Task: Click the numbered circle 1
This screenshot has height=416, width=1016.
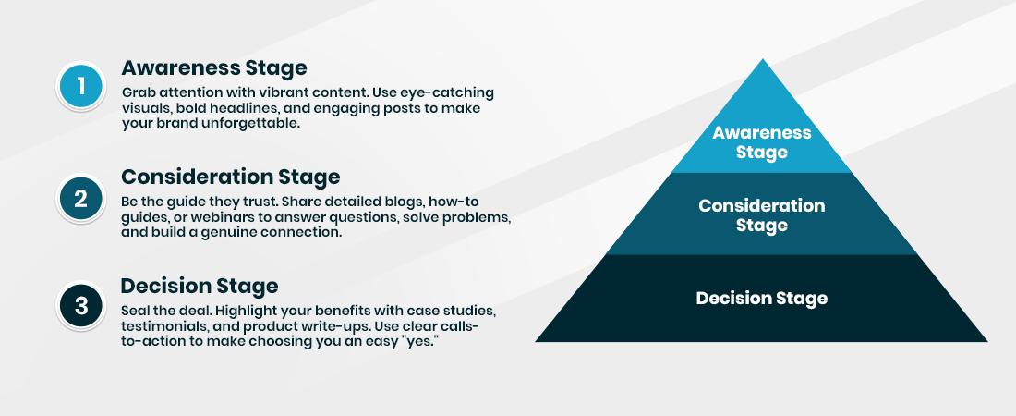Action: (x=81, y=88)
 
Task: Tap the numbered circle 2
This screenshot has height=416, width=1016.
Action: (x=81, y=197)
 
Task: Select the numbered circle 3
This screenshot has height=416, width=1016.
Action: (x=81, y=306)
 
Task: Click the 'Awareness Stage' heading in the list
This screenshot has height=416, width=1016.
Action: (x=213, y=67)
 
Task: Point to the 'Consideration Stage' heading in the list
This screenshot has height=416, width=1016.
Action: (x=231, y=177)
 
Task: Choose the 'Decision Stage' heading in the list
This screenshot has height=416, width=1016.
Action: (x=199, y=286)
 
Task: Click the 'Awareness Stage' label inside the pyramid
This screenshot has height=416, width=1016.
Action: (x=761, y=142)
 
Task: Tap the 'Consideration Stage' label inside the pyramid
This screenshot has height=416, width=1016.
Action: (x=761, y=214)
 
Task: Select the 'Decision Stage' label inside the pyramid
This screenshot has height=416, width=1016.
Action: (x=761, y=299)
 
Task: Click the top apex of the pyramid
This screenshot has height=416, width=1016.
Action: (x=762, y=62)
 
